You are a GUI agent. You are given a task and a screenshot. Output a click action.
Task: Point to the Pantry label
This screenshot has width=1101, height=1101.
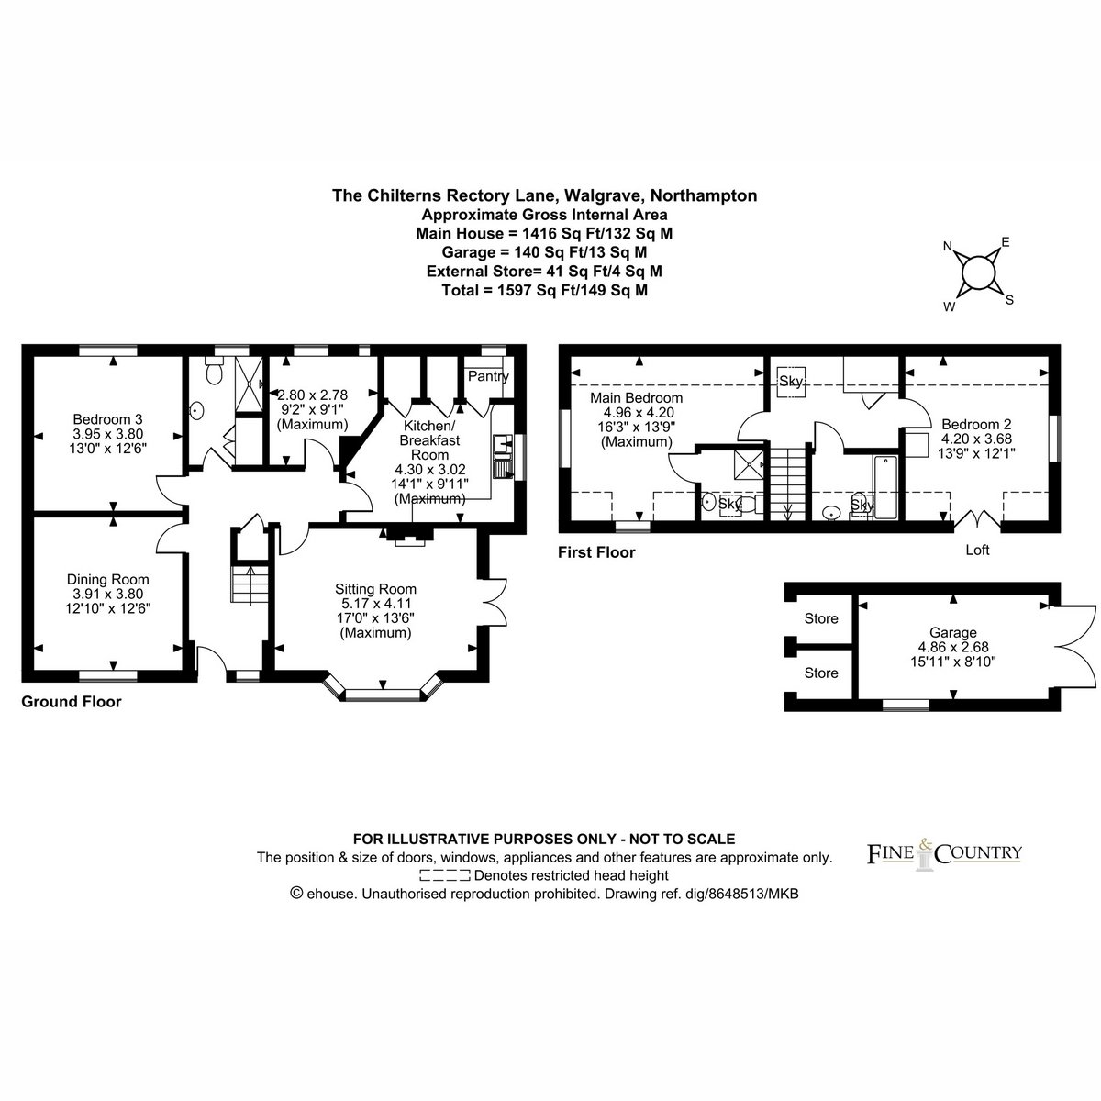(x=488, y=376)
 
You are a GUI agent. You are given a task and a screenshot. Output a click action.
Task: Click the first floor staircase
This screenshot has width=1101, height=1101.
(x=787, y=484)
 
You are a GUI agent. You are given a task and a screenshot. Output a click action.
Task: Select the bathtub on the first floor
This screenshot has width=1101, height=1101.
(x=885, y=487)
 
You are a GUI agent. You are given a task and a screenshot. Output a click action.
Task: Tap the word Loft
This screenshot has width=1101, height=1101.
(x=977, y=550)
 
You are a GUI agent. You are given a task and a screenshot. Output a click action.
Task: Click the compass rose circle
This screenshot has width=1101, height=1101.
(x=979, y=273)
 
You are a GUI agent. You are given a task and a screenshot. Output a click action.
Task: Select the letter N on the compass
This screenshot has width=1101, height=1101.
(x=947, y=246)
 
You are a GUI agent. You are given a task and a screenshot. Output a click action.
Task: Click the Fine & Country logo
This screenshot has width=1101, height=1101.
(x=944, y=853)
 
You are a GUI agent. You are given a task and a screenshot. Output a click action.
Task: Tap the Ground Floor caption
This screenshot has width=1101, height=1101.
(x=72, y=702)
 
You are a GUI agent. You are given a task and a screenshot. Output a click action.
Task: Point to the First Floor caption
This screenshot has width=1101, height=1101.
(x=596, y=552)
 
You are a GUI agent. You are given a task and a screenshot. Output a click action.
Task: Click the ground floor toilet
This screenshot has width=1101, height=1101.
(x=214, y=371)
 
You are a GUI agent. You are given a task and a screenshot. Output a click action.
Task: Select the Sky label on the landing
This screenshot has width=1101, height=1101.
(x=791, y=381)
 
